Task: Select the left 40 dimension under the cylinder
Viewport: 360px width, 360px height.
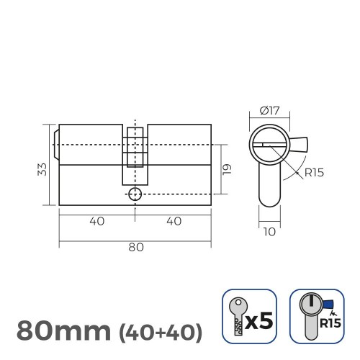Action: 97,222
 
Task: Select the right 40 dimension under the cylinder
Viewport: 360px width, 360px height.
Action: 173,222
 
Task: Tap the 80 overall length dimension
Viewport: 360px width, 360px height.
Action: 135,247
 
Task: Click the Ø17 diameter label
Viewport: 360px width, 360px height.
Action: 270,112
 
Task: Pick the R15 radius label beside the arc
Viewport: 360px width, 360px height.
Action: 315,173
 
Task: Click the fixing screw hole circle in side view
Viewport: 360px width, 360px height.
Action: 135,194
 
